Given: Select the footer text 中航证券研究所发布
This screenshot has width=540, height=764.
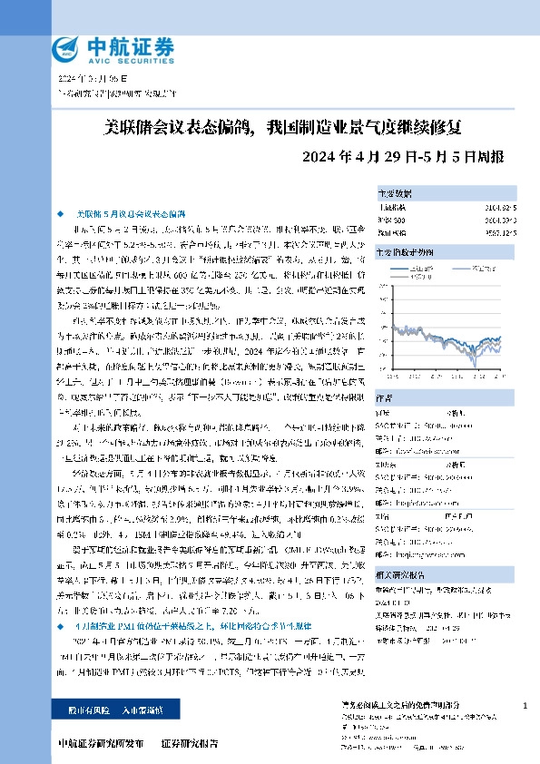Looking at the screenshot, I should tap(101, 744).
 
